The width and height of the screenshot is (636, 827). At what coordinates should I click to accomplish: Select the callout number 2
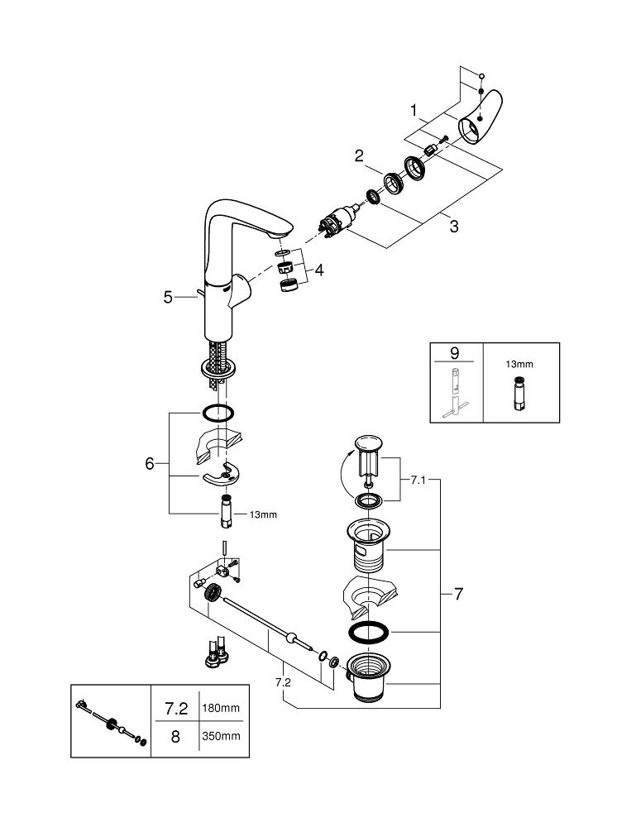coord(360,155)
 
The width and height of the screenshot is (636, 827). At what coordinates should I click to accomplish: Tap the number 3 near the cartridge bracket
coord(453,227)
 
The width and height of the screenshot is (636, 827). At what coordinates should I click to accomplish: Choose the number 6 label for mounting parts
coord(150,464)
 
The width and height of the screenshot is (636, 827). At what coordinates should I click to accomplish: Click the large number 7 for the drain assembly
coord(457,594)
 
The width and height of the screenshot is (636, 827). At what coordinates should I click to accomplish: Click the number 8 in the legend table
coord(175,735)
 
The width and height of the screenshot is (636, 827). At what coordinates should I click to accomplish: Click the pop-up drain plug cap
coord(368,447)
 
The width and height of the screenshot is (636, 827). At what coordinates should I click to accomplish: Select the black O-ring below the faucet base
coord(218,412)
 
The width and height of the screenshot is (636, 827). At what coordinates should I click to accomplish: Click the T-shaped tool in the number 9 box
coord(453,393)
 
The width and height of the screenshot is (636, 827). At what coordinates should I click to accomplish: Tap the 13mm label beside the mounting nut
coord(263,514)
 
